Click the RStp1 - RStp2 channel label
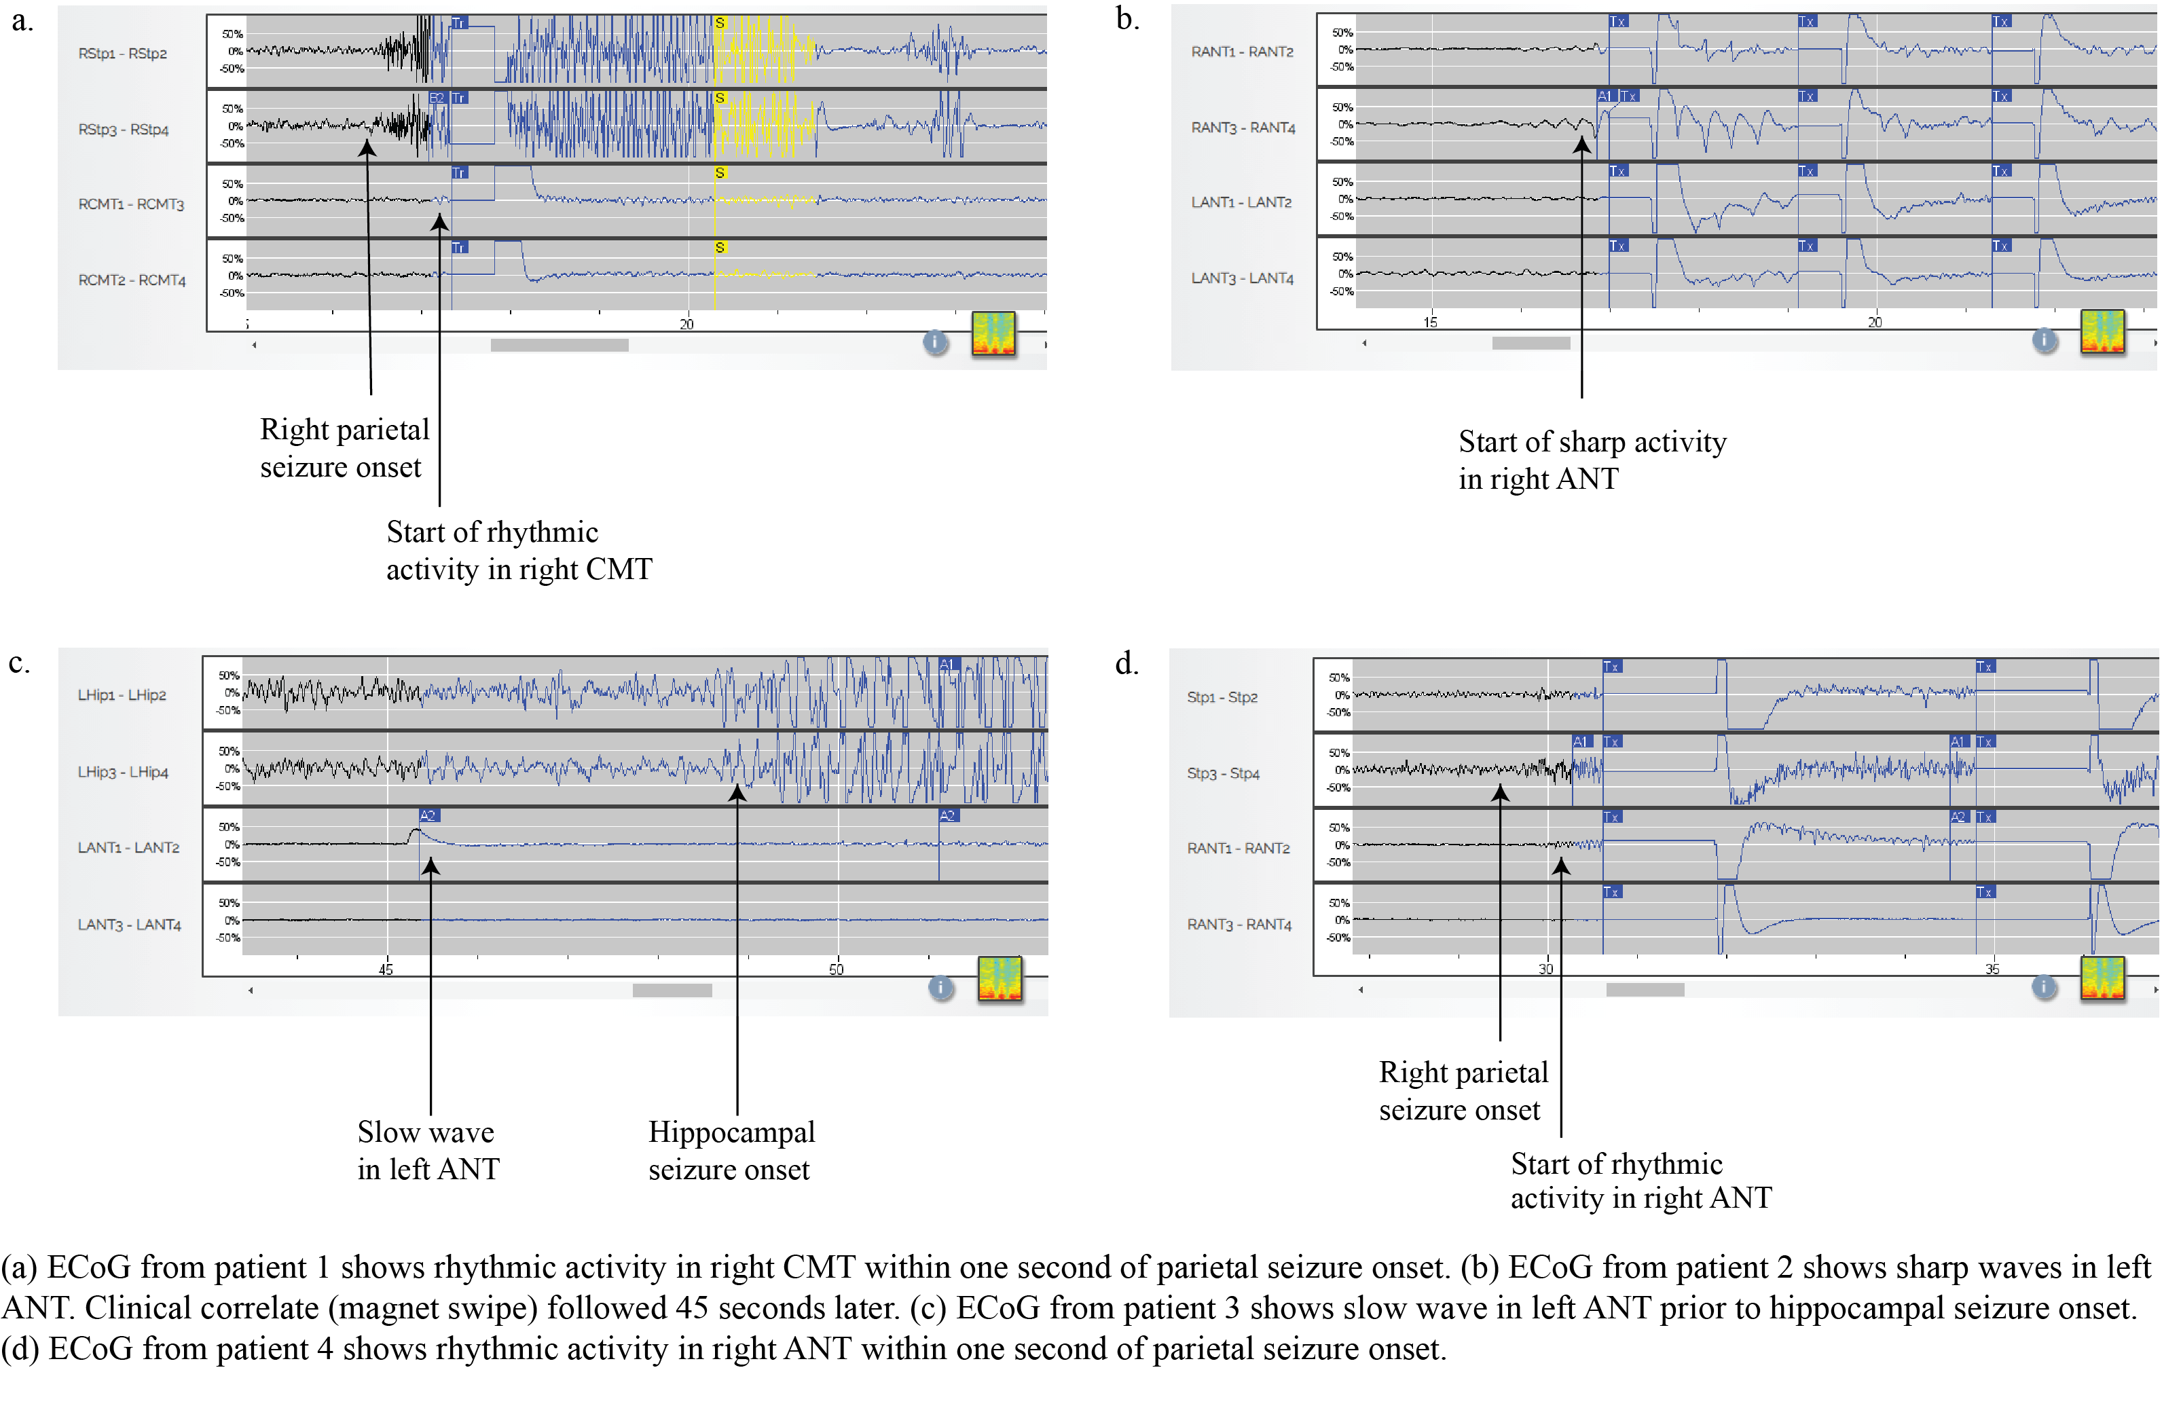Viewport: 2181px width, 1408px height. click(x=122, y=54)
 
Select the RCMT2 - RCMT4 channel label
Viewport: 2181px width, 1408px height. click(x=132, y=280)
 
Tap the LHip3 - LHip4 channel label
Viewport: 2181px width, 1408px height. click(x=122, y=773)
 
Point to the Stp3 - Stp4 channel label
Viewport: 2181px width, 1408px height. click(x=1223, y=773)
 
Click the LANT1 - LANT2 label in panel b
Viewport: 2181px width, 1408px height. click(x=1241, y=202)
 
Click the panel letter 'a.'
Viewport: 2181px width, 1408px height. click(x=22, y=20)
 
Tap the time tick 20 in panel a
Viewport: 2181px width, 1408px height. click(x=686, y=324)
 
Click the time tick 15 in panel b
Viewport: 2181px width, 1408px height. click(x=1430, y=322)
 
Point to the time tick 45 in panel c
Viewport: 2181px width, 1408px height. click(x=386, y=969)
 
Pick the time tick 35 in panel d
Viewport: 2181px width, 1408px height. click(x=1992, y=969)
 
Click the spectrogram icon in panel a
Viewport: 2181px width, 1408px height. click(x=993, y=334)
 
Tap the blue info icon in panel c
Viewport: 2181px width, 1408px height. click(x=940, y=987)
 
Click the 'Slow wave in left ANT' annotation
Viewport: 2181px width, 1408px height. click(x=428, y=1150)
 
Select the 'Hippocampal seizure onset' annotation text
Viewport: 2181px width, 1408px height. click(x=731, y=1150)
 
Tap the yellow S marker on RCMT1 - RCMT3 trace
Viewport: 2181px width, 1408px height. click(x=720, y=173)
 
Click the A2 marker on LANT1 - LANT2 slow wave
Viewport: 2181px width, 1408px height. click(x=427, y=815)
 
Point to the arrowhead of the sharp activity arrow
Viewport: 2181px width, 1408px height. click(x=1581, y=145)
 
